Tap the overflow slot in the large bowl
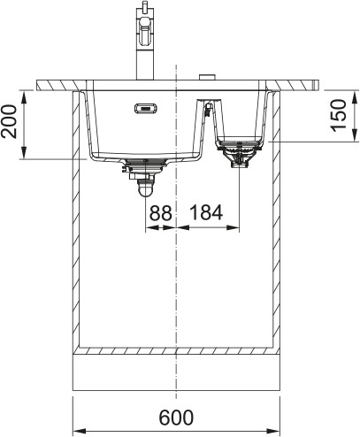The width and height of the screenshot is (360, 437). coord(143,110)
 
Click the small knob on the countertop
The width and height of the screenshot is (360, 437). coord(208,79)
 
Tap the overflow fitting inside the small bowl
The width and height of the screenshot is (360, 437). coord(207,110)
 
